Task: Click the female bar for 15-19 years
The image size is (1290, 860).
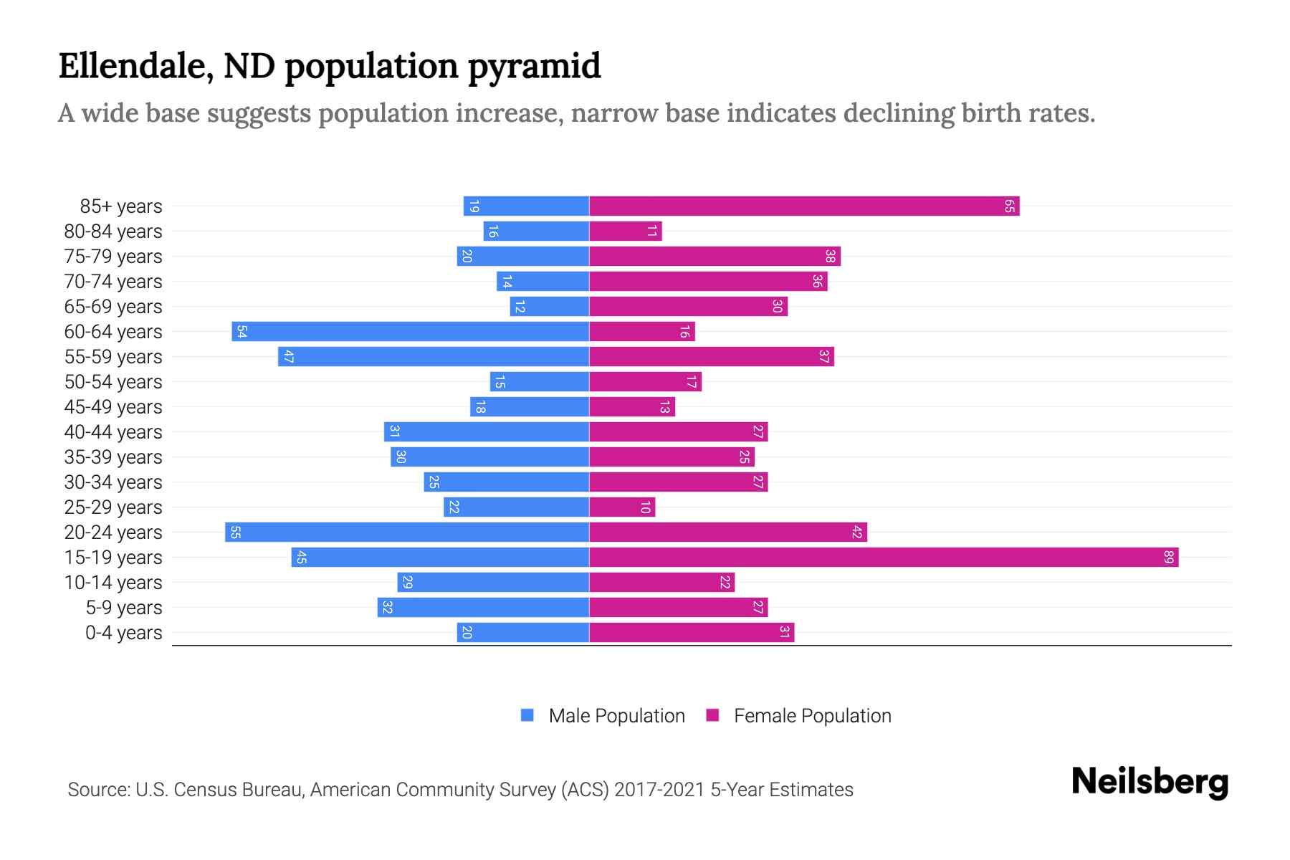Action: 884,558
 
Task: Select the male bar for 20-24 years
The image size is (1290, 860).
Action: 407,532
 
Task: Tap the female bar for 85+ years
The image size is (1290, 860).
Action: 804,206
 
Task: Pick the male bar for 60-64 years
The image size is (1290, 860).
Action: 410,332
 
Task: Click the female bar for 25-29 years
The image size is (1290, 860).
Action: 622,507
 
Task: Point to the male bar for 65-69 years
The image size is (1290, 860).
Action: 550,307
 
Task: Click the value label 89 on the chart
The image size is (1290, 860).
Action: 1169,558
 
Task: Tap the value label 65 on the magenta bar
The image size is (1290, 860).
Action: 1009,206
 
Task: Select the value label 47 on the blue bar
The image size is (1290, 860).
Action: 288,357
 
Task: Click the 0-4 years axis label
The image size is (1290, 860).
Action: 123,633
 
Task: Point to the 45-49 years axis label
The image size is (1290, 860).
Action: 113,407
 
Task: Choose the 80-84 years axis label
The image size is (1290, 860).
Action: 113,231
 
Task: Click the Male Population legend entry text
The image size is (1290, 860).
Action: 616,716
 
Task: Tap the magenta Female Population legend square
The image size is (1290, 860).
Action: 712,715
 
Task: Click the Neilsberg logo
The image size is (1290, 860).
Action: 1150,782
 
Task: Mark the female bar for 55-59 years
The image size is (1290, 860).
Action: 712,357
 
